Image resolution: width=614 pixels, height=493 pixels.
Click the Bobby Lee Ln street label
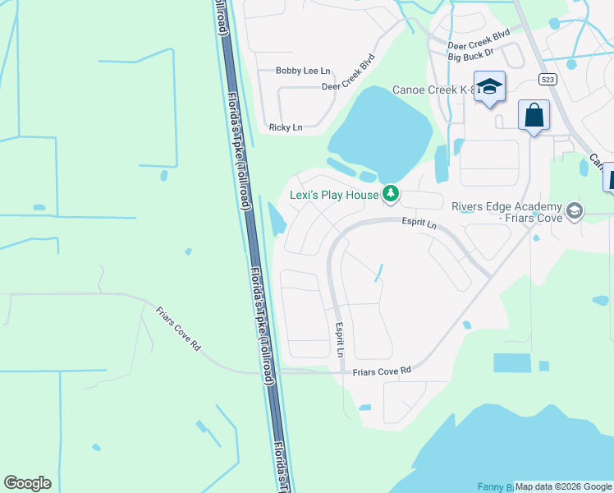(x=302, y=71)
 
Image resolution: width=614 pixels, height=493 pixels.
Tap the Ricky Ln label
(x=286, y=127)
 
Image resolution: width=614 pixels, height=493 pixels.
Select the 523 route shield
(x=549, y=79)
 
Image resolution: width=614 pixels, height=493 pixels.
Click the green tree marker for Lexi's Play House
(x=392, y=194)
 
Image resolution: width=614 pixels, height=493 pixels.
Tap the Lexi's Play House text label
(x=334, y=195)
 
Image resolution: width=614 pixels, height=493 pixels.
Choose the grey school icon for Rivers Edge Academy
(x=575, y=211)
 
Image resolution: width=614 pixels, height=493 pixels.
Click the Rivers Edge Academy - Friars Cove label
(x=506, y=212)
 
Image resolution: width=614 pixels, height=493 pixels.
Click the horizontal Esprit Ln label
(x=418, y=222)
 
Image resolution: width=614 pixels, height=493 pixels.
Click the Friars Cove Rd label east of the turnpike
(x=381, y=372)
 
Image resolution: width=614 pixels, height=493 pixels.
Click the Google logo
(x=27, y=483)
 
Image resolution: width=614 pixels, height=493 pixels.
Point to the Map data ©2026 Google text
(x=564, y=486)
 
